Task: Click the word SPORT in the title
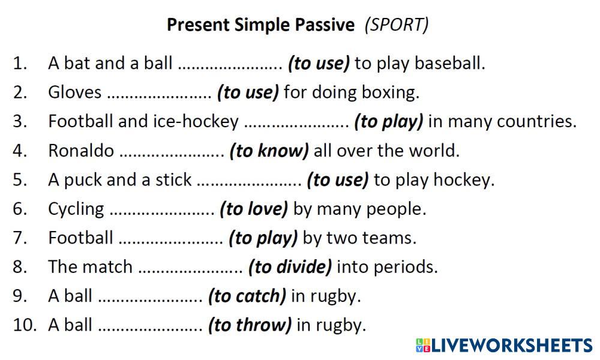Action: point(397,25)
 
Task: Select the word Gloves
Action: point(74,92)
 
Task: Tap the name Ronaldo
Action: point(81,151)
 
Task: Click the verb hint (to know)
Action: point(269,151)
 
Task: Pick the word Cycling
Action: point(76,209)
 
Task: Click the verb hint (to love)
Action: point(254,209)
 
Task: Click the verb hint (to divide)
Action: point(290,267)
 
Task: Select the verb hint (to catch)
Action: point(247,296)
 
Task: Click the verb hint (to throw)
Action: point(250,325)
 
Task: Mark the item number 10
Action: point(25,325)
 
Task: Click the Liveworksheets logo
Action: point(504,345)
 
